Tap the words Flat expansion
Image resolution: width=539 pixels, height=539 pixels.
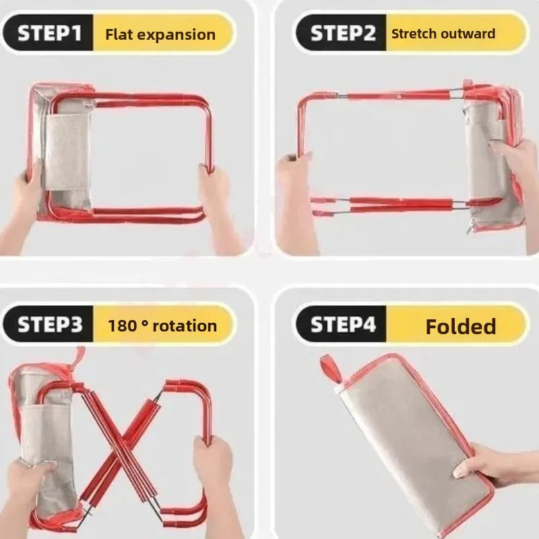pyautogui.click(x=160, y=35)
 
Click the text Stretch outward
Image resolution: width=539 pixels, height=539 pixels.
pyautogui.click(x=443, y=34)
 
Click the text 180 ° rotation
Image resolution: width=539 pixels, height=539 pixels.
pyautogui.click(x=162, y=325)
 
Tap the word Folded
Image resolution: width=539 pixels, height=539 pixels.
pyautogui.click(x=461, y=326)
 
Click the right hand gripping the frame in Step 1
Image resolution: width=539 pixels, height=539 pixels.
pyautogui.click(x=216, y=203)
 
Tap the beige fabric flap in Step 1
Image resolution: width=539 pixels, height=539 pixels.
pyautogui.click(x=67, y=151)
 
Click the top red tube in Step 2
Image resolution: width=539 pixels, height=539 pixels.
pyautogui.click(x=399, y=95)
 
